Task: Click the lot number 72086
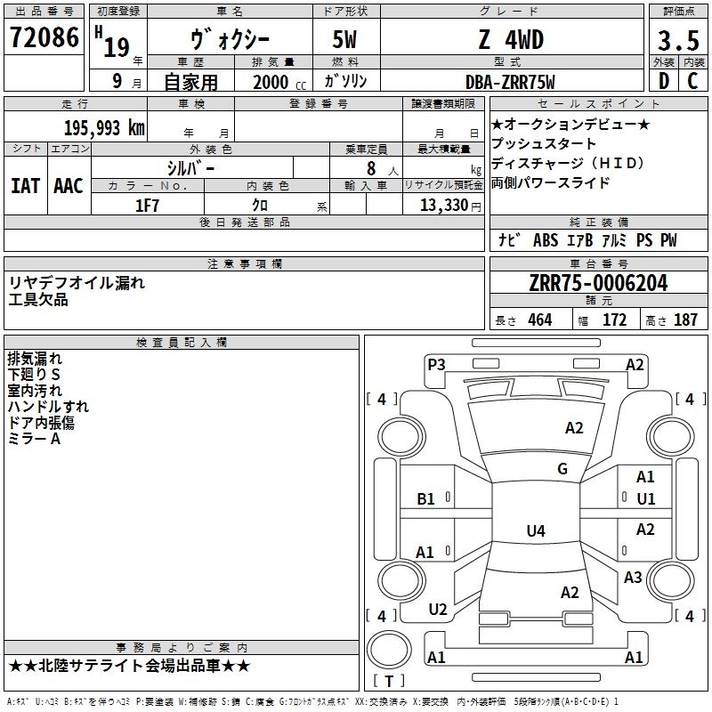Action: (x=43, y=39)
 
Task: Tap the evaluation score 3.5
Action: (x=676, y=42)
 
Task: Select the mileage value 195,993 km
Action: (x=105, y=127)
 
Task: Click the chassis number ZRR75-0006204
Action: (x=598, y=284)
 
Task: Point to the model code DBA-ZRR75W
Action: (x=510, y=82)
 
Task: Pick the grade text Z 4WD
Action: (x=510, y=41)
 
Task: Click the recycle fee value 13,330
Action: (x=443, y=206)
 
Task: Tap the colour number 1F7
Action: (x=148, y=206)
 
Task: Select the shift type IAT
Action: (x=26, y=185)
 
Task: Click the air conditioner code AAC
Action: (x=68, y=185)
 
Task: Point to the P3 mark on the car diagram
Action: (x=436, y=364)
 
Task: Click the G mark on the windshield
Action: (x=562, y=469)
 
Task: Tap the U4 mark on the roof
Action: (x=535, y=531)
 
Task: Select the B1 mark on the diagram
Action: (x=426, y=499)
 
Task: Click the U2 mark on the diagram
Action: (x=438, y=610)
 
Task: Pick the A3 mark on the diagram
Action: (x=633, y=578)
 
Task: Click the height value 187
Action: (x=685, y=320)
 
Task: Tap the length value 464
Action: (x=539, y=320)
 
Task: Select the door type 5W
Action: (x=345, y=41)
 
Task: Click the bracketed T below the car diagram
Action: (x=389, y=682)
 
